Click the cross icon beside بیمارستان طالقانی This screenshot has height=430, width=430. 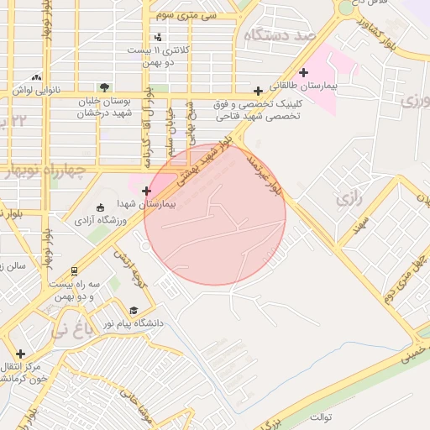click(303, 73)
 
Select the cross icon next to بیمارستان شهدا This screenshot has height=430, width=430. click(147, 191)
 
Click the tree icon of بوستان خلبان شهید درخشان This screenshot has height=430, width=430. click(103, 87)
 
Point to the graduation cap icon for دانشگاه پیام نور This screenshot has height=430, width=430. click(134, 310)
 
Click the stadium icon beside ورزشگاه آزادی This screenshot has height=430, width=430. click(101, 207)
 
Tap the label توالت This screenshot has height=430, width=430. click(321, 417)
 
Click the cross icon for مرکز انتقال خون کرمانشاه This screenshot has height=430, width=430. click(20, 354)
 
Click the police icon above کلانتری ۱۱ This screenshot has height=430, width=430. click(159, 36)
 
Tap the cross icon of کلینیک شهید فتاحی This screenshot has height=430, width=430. click(259, 92)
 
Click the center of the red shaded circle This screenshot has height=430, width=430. click(215, 214)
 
